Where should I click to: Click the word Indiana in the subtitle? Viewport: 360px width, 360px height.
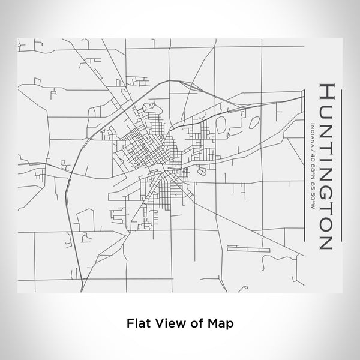(313, 133)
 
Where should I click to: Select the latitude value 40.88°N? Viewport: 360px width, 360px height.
(313, 163)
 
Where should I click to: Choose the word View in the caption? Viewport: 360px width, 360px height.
(170, 322)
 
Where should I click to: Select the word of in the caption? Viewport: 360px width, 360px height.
(196, 322)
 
